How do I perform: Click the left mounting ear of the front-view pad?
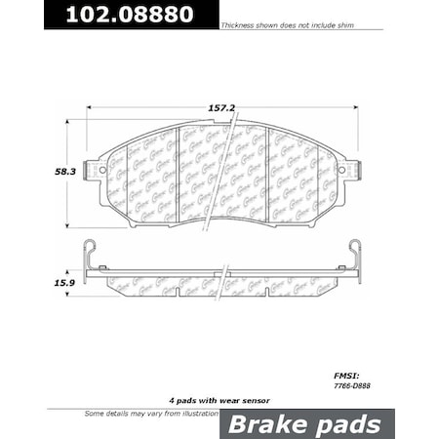(x=96, y=168)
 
